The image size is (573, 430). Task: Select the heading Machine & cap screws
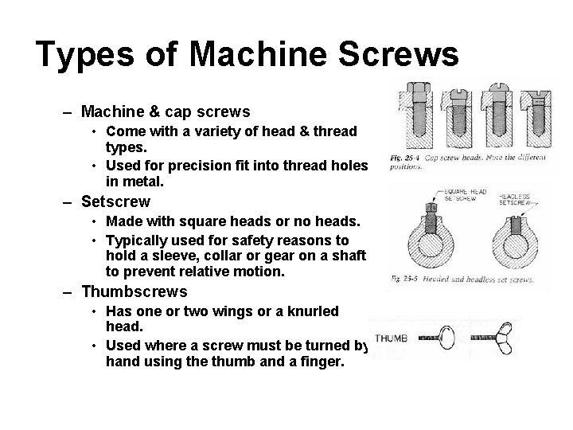pos(166,111)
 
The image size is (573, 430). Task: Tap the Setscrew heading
pos(116,201)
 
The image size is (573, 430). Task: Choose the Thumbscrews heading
pos(134,291)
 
